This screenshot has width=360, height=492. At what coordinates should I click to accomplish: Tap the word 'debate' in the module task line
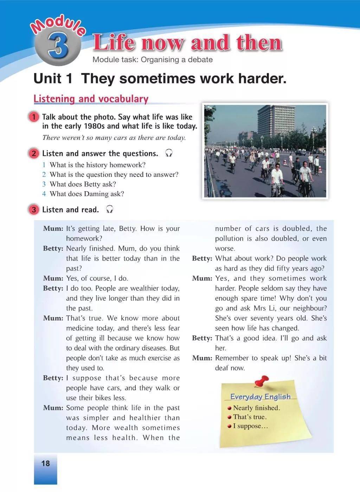pos(200,60)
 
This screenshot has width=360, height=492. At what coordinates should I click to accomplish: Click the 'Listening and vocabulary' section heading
pos(91,99)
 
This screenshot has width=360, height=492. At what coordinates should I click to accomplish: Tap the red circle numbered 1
pos(33,117)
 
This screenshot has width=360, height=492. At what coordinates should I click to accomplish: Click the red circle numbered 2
pos(33,154)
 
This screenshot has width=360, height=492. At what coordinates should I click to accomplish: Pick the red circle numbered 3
pos(33,210)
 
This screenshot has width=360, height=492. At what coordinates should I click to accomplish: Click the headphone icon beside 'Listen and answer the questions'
pos(169,153)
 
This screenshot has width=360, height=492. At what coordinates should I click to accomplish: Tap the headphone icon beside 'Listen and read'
pos(110,209)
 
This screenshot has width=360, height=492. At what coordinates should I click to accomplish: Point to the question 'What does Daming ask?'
pos(86,194)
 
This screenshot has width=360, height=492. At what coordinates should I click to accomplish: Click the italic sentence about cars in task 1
pos(114,138)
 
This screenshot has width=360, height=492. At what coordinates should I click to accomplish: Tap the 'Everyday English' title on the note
pos(260,397)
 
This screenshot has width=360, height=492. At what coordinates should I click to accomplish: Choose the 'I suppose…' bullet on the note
pos(250,426)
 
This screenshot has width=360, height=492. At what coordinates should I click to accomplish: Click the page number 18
pos(46,463)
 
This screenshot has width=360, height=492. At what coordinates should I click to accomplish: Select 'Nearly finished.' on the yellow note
pos(256,408)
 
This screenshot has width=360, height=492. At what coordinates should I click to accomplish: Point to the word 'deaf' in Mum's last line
pos(222,368)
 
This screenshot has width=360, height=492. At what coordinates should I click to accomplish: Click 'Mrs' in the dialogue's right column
pos(261,308)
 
